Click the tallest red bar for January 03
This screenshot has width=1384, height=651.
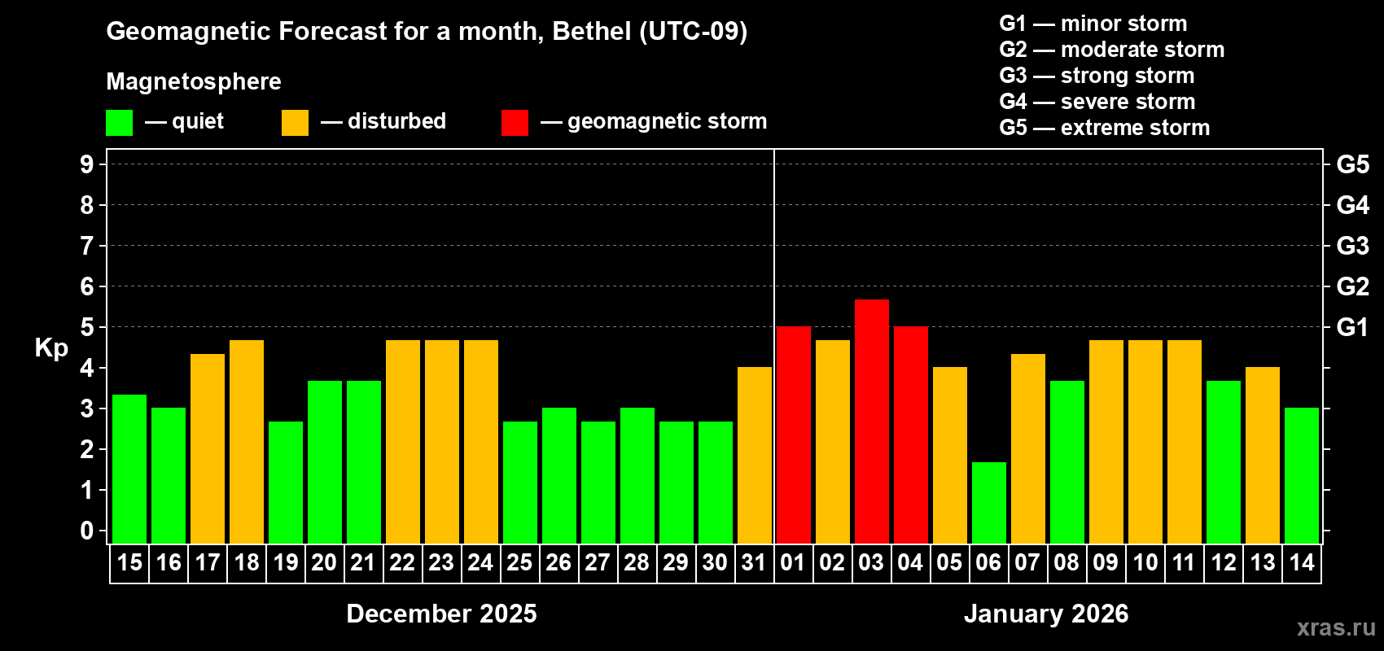click(x=871, y=421)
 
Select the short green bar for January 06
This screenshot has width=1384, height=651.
click(x=988, y=502)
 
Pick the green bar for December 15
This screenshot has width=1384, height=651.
click(x=129, y=468)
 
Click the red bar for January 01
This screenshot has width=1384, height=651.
click(x=793, y=435)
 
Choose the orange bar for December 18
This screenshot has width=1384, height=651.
click(x=247, y=441)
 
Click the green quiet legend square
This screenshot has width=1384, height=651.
click(x=119, y=123)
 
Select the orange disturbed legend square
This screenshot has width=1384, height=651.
click(x=295, y=123)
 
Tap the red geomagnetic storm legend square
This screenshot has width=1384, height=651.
click(x=515, y=123)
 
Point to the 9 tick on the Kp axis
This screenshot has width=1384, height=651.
click(x=87, y=164)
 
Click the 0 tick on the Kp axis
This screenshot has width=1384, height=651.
click(x=87, y=531)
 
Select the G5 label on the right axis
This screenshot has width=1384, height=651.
click(x=1352, y=164)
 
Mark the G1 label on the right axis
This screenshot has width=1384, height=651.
click(x=1352, y=327)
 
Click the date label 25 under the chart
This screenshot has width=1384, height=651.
click(x=519, y=562)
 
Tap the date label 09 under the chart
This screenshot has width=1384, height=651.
click(x=1106, y=562)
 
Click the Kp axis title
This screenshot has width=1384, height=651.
click(x=51, y=347)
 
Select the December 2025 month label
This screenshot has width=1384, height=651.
click(x=441, y=614)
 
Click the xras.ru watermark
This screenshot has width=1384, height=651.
click(x=1336, y=627)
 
